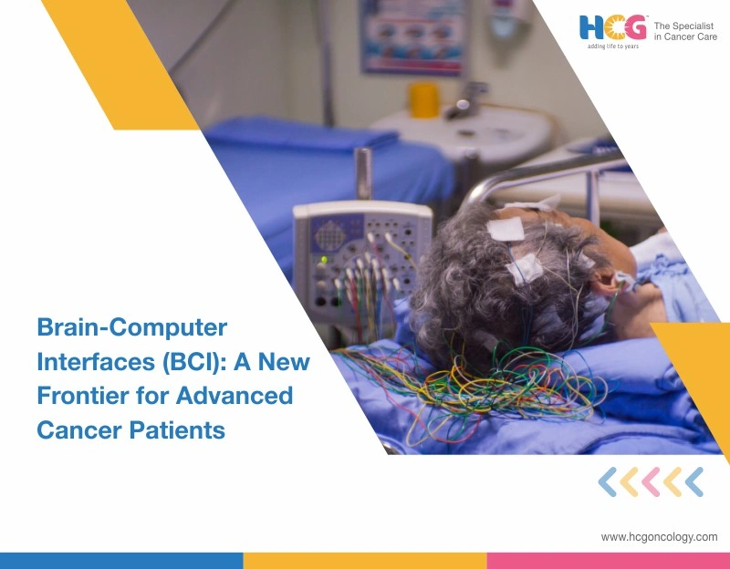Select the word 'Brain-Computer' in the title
(x=131, y=326)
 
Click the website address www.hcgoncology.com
(x=659, y=537)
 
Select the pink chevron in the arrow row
(x=651, y=481)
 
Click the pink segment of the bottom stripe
(x=608, y=560)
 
